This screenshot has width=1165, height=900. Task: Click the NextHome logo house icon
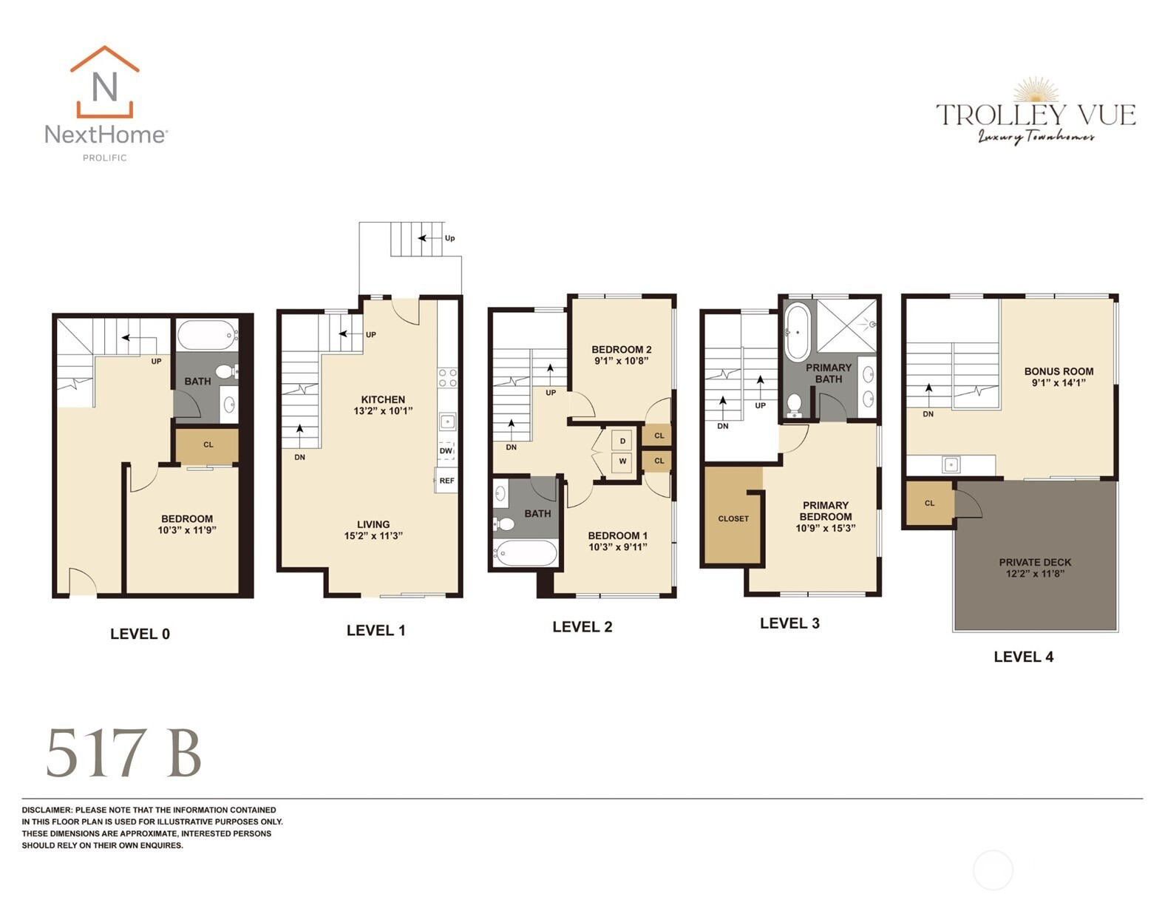tap(104, 81)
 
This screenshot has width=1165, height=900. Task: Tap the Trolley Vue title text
tap(1036, 115)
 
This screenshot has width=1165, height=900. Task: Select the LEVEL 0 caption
tap(140, 634)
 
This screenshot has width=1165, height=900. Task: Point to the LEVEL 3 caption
tap(789, 623)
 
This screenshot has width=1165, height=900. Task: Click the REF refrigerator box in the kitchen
tap(446, 481)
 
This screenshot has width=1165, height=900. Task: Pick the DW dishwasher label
tap(446, 451)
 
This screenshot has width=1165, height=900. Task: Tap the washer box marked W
tap(622, 461)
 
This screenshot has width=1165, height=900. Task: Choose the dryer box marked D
tap(622, 441)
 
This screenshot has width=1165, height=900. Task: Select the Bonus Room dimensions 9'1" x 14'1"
tap(1059, 383)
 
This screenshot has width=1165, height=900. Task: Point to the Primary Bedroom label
tap(826, 511)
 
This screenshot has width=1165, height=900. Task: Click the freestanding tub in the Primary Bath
tap(797, 332)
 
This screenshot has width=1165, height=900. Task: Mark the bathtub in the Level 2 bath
tap(526, 553)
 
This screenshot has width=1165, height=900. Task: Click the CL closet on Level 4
tap(930, 503)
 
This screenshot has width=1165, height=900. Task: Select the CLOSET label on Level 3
tap(733, 518)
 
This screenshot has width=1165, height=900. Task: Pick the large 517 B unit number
tap(124, 753)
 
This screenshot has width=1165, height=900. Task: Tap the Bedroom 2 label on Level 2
tap(622, 350)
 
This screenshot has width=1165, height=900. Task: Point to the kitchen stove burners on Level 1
tap(448, 378)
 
